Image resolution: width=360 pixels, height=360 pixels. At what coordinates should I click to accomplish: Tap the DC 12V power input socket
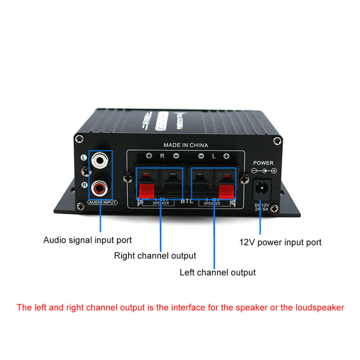[x=262, y=188]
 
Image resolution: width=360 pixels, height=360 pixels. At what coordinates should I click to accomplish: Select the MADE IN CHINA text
[x=186, y=145]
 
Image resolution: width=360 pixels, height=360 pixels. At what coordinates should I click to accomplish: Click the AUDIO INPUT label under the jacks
[x=102, y=203]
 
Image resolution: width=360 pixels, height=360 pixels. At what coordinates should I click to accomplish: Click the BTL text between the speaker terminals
[x=185, y=202]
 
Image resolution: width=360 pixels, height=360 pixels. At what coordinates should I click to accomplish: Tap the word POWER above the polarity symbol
[x=263, y=163]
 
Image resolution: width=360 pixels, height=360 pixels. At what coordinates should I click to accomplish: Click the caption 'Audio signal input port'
[x=87, y=240]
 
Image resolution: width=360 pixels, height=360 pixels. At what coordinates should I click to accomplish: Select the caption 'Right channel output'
[x=155, y=256]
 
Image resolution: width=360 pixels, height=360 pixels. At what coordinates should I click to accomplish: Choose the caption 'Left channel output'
[x=218, y=272]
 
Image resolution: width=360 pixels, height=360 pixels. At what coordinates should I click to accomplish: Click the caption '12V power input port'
[x=280, y=242]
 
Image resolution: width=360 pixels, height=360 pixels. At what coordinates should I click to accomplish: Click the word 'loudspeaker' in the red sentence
[x=321, y=308]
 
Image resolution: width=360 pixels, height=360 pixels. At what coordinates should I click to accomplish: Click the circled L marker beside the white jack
[x=83, y=158]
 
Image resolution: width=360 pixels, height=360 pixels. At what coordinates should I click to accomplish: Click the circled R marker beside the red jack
[x=83, y=185]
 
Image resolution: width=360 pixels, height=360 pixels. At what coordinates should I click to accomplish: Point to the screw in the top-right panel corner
[x=277, y=141]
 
